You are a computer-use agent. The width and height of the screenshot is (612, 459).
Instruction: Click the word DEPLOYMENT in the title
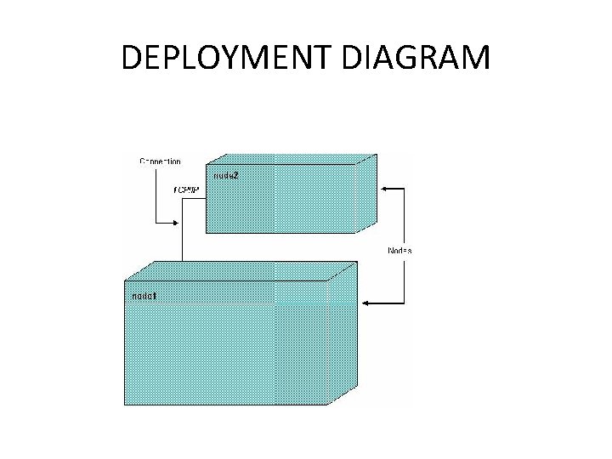click(229, 58)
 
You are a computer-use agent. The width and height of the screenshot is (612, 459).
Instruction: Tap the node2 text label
click(225, 175)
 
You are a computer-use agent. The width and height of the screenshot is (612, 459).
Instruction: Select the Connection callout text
click(160, 161)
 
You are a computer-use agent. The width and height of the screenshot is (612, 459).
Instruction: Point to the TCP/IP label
click(185, 189)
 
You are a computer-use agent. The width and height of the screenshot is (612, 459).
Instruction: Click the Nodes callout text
click(399, 251)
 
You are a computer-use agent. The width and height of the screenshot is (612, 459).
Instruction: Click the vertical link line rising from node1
click(183, 246)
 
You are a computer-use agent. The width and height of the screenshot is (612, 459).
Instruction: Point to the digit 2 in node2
click(235, 175)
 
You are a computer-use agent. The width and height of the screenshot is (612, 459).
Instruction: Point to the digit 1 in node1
click(154, 295)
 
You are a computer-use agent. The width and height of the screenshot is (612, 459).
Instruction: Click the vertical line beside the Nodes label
click(404, 221)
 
